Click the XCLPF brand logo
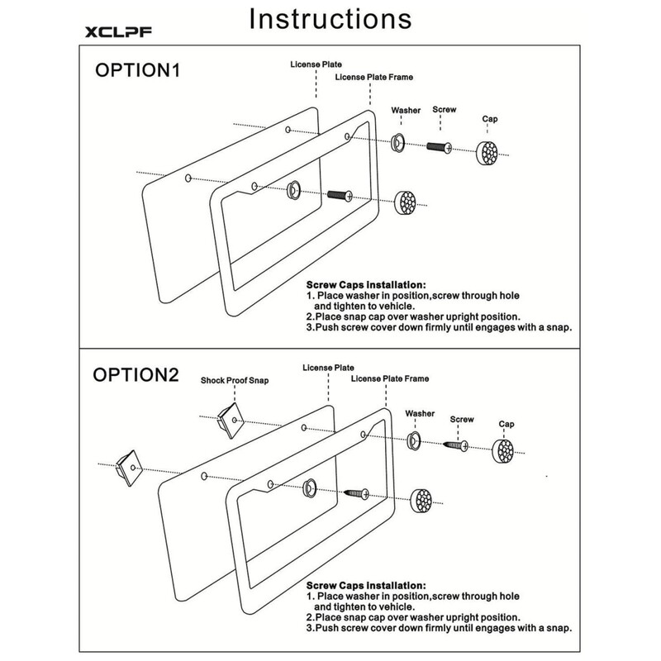118,32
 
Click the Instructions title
330,19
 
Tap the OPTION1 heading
138,70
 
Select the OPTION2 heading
136,375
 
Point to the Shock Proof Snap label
235,380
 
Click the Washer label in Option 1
406,111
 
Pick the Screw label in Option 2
462,420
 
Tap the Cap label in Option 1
490,119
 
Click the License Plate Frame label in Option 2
390,378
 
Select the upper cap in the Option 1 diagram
487,153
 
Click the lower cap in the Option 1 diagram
405,202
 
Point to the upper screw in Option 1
439,147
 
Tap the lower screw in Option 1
340,195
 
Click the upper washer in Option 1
397,142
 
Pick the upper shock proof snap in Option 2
231,420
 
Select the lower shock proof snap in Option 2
130,468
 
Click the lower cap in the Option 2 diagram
421,502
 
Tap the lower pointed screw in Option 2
357,493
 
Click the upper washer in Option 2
414,440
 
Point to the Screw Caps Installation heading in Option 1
366,285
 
